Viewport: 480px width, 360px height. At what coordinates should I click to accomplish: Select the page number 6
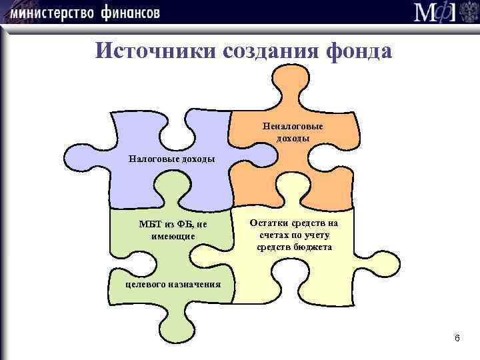[457, 339]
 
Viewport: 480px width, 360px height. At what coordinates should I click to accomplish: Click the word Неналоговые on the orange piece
[293, 126]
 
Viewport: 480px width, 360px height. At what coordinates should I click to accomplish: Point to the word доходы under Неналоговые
[293, 138]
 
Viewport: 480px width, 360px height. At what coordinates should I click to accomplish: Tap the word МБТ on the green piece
[148, 225]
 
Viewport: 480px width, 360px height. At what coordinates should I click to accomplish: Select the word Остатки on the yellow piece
[265, 223]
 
